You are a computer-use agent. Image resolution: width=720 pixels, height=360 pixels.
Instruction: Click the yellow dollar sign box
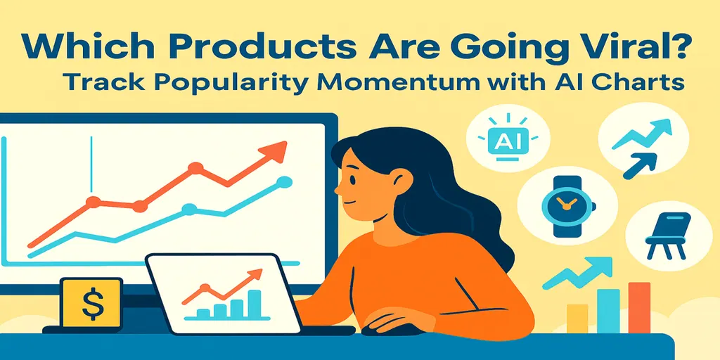point(91,302)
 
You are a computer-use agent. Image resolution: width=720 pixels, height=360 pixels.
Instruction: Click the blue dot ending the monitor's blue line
point(284,182)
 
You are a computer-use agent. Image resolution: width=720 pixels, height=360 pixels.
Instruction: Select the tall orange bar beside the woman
point(639,307)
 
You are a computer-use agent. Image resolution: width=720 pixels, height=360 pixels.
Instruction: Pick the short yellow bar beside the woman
point(577,318)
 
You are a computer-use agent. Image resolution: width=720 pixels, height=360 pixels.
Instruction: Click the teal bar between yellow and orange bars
point(608,311)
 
